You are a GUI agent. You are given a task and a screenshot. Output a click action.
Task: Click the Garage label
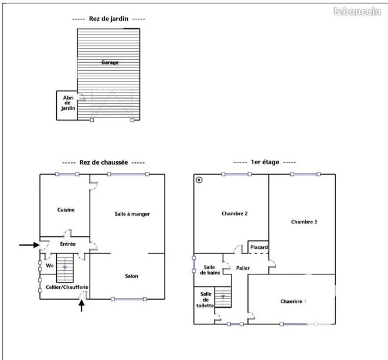110,62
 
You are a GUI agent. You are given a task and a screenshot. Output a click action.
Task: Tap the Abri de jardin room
67,106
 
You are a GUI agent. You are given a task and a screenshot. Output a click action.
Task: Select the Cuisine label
66,210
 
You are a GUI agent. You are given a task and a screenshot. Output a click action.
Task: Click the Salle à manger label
132,214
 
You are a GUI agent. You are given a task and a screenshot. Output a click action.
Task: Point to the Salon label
132,276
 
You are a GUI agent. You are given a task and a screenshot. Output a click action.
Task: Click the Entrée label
68,244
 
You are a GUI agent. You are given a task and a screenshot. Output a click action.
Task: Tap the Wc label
50,266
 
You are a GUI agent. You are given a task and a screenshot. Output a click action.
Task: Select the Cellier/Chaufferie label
67,287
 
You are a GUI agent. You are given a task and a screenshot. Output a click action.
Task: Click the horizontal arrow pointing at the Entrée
29,245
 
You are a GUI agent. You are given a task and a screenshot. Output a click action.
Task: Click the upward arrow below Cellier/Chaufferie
81,305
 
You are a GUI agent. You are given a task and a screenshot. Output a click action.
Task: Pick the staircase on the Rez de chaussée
65,268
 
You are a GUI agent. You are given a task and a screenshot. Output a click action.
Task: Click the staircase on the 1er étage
223,297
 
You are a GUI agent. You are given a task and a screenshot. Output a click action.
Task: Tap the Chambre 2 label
234,213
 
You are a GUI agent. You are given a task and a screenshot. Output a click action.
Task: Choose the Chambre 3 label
304,222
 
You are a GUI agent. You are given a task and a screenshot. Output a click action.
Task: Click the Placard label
259,247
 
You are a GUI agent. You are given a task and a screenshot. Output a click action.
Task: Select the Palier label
243,268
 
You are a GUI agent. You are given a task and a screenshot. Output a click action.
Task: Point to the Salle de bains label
210,270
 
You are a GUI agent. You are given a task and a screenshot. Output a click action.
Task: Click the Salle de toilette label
205,300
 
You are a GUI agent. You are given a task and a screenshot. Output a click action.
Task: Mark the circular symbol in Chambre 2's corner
199,180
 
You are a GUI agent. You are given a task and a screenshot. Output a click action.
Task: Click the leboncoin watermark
358,11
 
